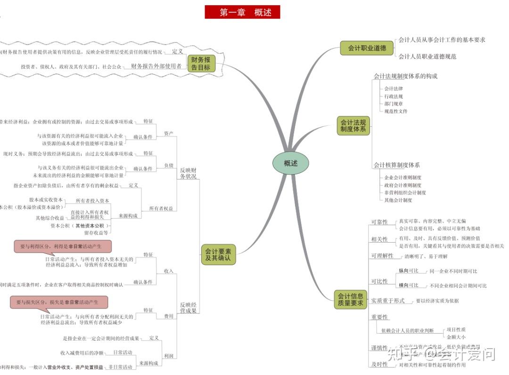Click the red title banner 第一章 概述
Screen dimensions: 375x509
[x=242, y=12]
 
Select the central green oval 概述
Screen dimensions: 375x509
[x=290, y=163]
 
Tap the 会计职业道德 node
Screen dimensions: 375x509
[x=360, y=48]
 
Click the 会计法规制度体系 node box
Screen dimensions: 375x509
[x=353, y=126]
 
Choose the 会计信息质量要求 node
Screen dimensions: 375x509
[x=350, y=300]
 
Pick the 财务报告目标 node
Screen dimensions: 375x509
[x=201, y=64]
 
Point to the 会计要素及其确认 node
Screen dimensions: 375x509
[x=218, y=255]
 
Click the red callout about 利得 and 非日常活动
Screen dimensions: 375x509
[x=62, y=246]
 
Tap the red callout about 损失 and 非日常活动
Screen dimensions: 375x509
[x=58, y=302]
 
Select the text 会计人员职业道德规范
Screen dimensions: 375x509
[x=427, y=57]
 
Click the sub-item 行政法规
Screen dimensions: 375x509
[x=394, y=96]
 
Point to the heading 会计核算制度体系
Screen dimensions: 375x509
[x=396, y=165]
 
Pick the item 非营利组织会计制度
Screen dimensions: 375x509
[x=405, y=192]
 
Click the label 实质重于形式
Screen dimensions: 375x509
[x=387, y=301]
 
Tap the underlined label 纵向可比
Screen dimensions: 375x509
[x=408, y=271]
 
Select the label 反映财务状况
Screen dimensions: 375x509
[x=188, y=173]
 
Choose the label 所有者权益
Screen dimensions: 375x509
[x=161, y=208]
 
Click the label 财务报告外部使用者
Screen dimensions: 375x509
[x=156, y=66]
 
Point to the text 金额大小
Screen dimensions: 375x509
[x=456, y=337]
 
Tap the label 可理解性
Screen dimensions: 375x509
[x=382, y=256]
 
